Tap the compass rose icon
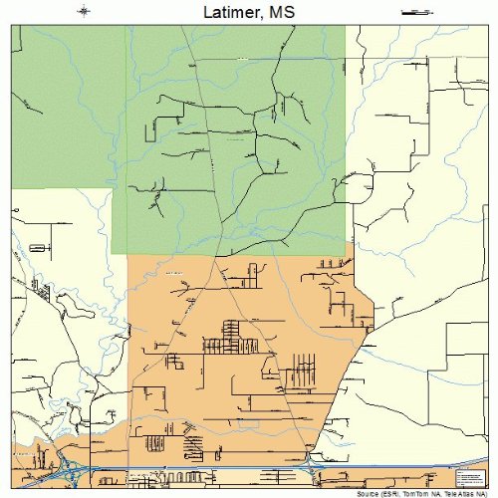(84, 12)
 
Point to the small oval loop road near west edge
(40, 245)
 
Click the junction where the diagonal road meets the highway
(310, 465)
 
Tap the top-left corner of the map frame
(11, 25)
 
